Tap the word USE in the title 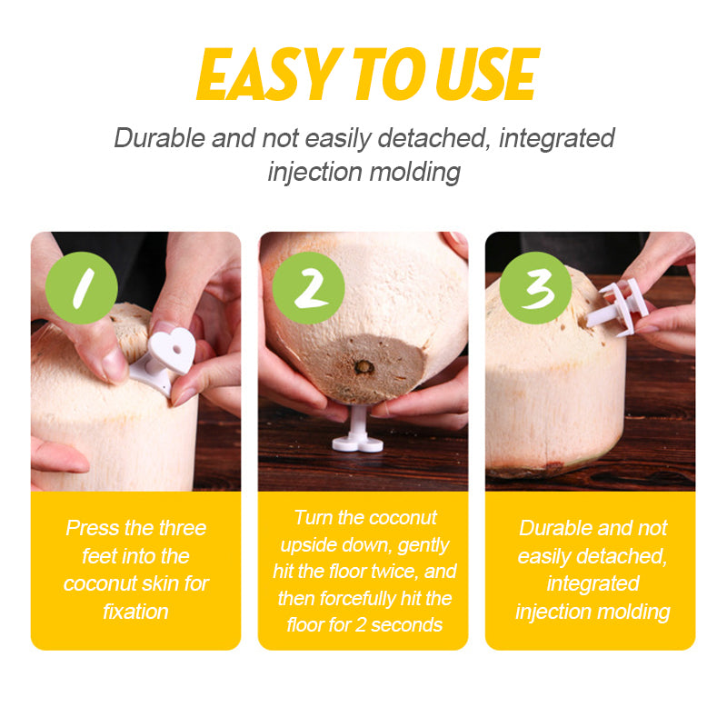tap(488, 75)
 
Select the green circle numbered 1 tap(82, 287)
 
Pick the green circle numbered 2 tap(308, 287)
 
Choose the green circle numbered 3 tap(535, 287)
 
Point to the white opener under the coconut tap(358, 429)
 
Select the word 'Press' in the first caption tap(93, 528)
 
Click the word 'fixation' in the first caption tap(135, 612)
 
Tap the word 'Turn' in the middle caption tap(313, 517)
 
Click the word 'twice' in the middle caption tap(391, 572)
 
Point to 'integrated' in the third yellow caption tap(593, 583)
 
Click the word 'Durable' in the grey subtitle tap(160, 138)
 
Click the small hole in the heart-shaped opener tap(178, 347)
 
